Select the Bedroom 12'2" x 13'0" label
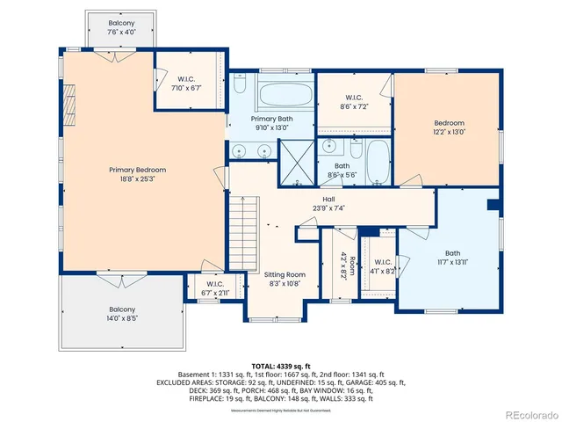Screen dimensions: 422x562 [448, 128]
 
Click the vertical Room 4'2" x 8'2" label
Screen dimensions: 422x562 [349, 265]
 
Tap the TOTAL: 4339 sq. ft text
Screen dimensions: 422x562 [280, 365]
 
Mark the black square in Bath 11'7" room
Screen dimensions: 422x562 [493, 205]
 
